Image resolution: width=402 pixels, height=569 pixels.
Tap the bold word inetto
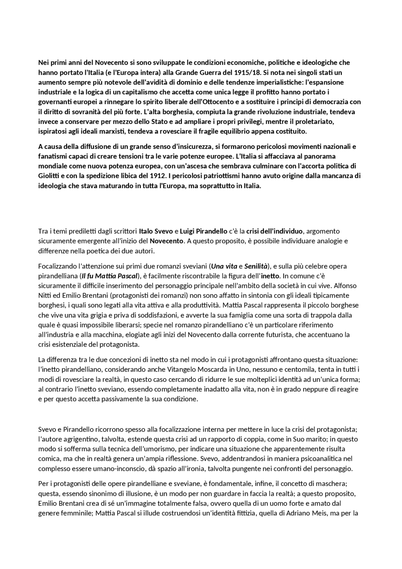pos(270,276)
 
